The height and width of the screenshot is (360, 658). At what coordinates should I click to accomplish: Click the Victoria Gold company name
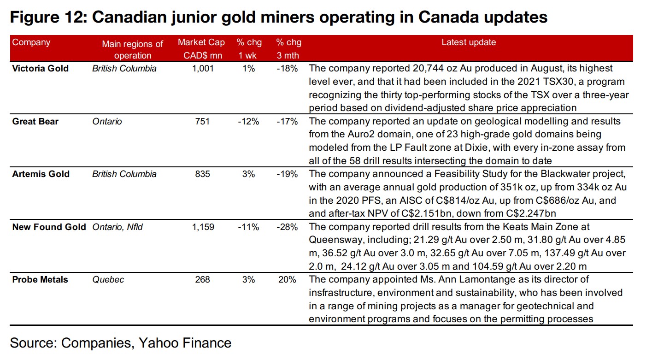pyautogui.click(x=41, y=69)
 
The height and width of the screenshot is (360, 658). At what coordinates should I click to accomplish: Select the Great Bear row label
pyautogui.click(x=35, y=122)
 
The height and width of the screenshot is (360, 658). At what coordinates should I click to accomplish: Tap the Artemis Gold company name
pyautogui.click(x=41, y=174)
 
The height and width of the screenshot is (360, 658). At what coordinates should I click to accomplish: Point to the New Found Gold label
pyautogui.click(x=49, y=227)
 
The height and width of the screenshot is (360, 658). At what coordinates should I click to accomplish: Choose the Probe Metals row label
pyautogui.click(x=40, y=280)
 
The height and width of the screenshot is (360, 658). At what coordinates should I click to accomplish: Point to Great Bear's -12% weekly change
pyautogui.click(x=249, y=122)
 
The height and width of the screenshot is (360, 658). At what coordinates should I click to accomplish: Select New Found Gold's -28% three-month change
pyautogui.click(x=288, y=227)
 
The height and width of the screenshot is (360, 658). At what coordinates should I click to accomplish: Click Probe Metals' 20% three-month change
pyautogui.click(x=288, y=280)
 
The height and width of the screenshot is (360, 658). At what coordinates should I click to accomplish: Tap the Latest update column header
pyautogui.click(x=469, y=42)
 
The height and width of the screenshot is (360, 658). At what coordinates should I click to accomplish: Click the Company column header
pyautogui.click(x=31, y=42)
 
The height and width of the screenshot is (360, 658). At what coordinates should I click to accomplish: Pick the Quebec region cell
pyautogui.click(x=108, y=280)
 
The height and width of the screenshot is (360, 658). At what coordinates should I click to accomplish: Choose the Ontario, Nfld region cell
pyautogui.click(x=117, y=227)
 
